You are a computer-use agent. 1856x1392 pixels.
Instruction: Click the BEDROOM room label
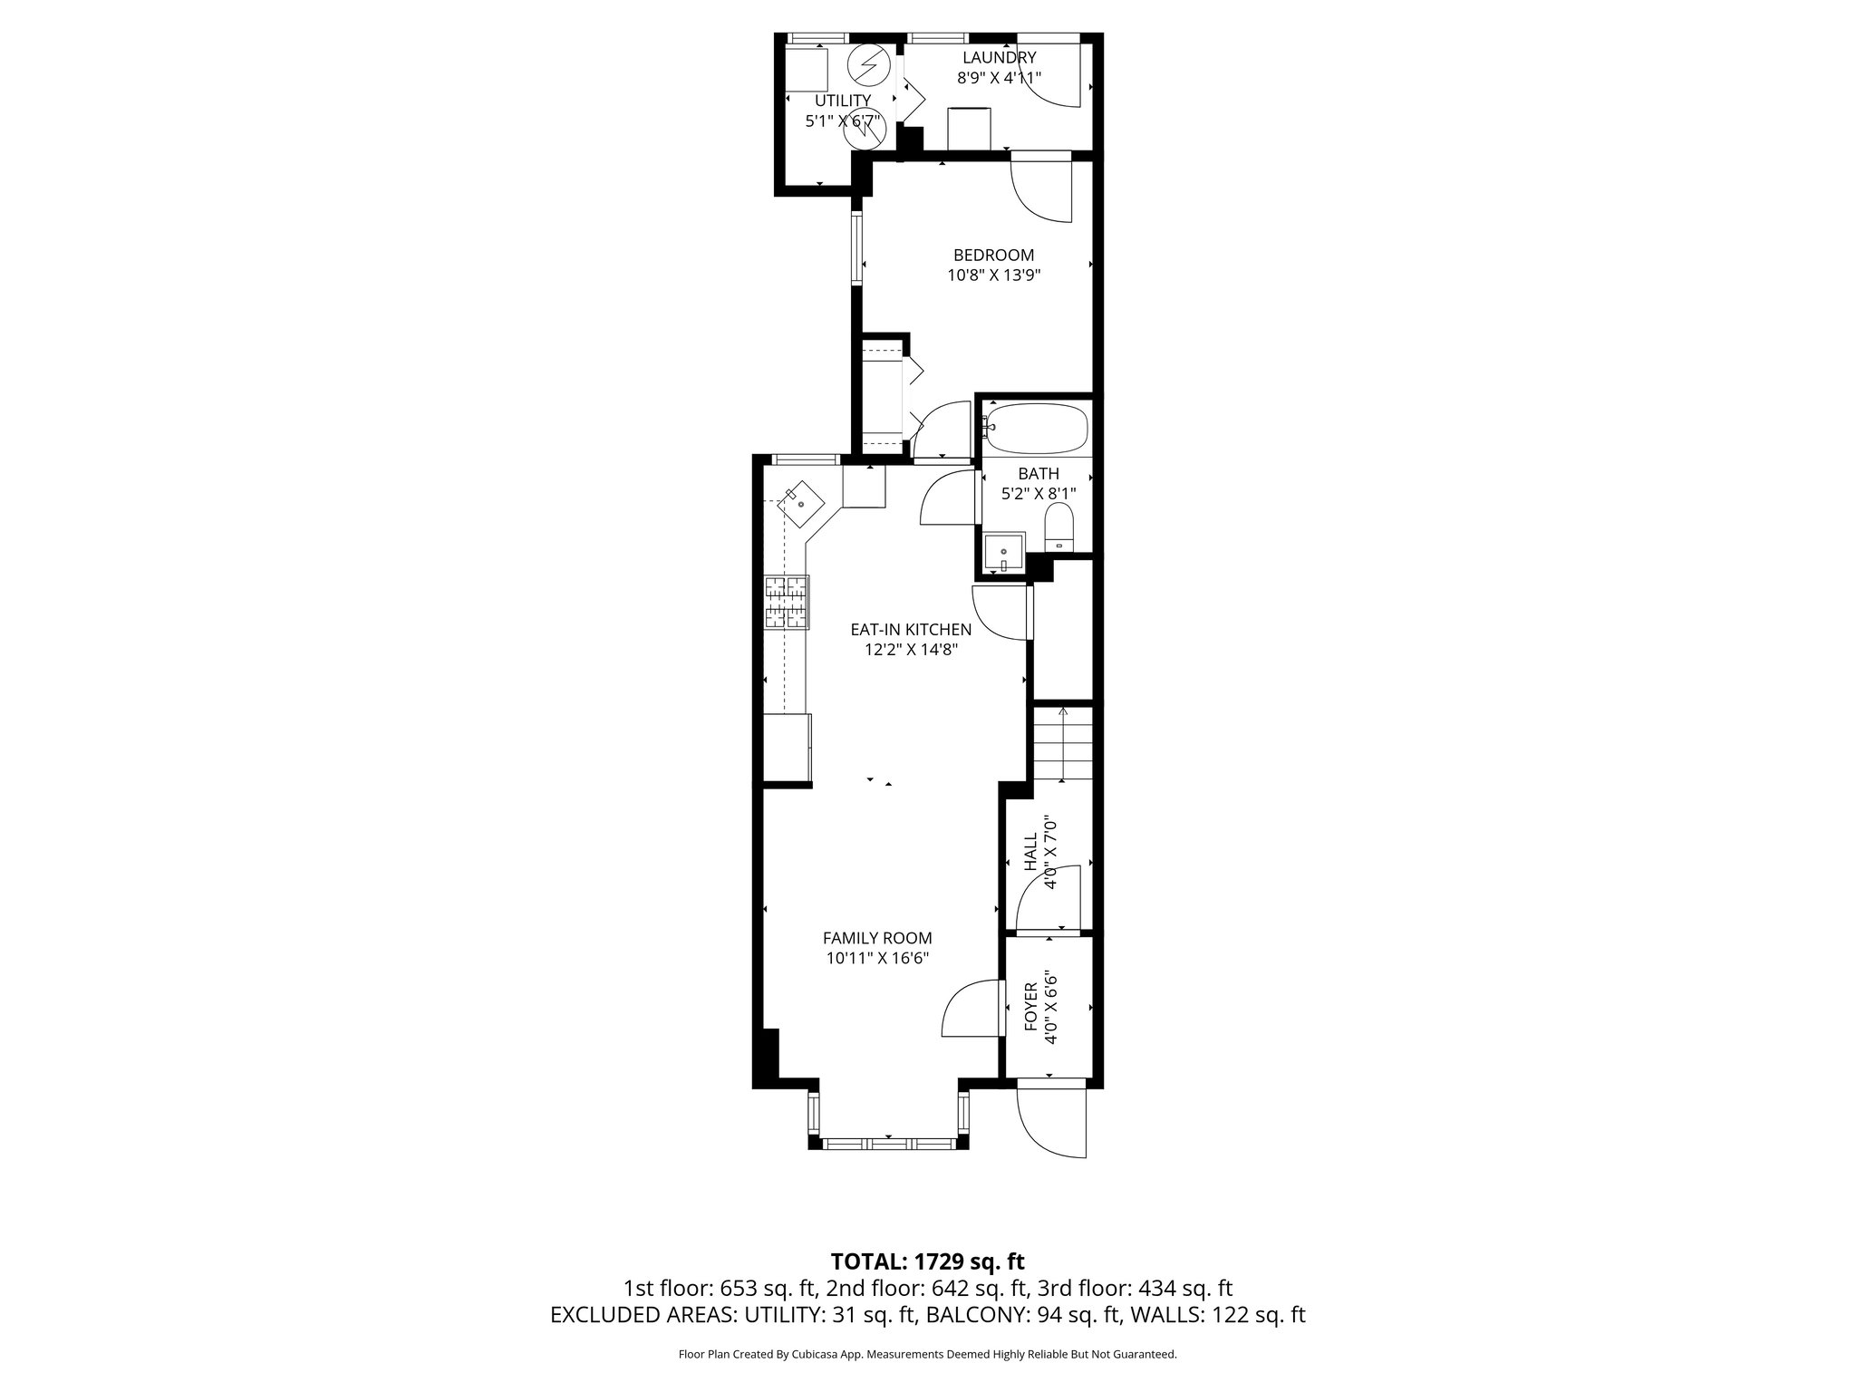pos(993,256)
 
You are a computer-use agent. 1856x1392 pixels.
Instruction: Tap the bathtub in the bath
pos(1037,430)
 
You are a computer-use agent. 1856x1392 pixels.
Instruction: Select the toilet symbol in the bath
pos(1058,528)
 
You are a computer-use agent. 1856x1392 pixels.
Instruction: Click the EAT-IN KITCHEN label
pos(910,629)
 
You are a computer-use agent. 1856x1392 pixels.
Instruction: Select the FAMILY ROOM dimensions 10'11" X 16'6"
pos(877,958)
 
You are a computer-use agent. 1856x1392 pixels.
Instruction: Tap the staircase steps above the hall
pos(1063,745)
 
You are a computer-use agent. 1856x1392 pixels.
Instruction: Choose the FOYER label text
pos(1030,1006)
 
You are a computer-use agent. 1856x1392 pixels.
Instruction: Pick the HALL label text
pos(1030,852)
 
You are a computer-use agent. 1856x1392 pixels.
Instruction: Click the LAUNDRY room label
pos(999,58)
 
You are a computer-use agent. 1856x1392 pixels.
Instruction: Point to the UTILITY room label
pos(843,100)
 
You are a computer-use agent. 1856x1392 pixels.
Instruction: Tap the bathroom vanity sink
pos(1003,553)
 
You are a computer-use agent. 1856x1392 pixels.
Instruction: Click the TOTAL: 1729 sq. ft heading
pos(927,1261)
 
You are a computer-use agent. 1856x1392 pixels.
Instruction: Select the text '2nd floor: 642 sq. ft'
pos(927,1289)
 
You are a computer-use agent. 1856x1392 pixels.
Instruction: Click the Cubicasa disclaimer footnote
pos(927,1355)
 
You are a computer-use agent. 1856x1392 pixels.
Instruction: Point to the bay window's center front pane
pos(889,1144)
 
